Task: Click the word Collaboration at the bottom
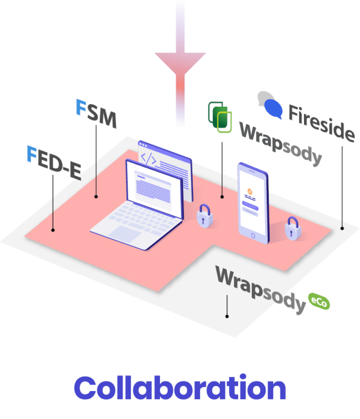[x=180, y=387]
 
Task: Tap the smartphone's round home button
[x=253, y=236]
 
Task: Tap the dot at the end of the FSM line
[x=96, y=196]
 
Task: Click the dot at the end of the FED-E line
[x=53, y=230]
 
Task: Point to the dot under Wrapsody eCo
[x=227, y=316]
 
